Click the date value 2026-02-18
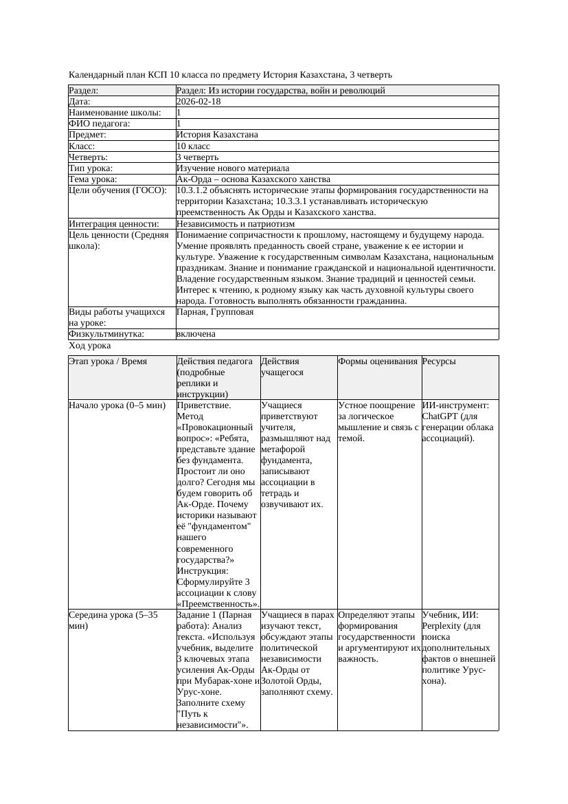click(x=198, y=102)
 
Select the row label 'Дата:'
click(x=82, y=102)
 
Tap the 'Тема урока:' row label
click(x=93, y=179)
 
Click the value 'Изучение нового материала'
click(x=232, y=168)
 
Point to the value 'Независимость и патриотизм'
click(x=236, y=224)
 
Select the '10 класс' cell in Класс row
click(x=193, y=146)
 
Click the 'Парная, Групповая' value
click(x=215, y=312)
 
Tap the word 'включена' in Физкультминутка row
click(x=196, y=334)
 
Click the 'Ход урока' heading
click(x=89, y=346)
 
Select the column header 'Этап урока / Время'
click(x=108, y=361)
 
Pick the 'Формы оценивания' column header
click(x=378, y=361)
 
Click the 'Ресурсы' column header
click(x=439, y=361)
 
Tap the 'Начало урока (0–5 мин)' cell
click(x=117, y=405)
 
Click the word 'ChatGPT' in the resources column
click(x=440, y=416)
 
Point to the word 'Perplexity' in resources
click(x=442, y=626)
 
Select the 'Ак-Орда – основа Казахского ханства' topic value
click(x=253, y=179)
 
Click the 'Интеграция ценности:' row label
click(x=114, y=224)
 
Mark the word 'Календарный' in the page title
click(x=97, y=74)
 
